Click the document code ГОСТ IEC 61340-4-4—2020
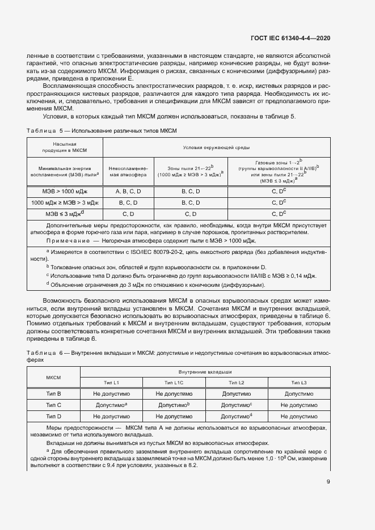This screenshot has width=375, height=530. (x=290, y=39)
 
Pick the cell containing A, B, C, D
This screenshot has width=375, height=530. (x=128, y=192)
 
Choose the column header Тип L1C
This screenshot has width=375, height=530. (x=172, y=383)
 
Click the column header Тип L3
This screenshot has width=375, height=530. (x=298, y=383)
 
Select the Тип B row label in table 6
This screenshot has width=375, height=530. (x=53, y=393)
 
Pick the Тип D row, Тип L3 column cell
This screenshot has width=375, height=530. (x=298, y=416)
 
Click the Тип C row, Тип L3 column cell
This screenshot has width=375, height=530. (x=298, y=405)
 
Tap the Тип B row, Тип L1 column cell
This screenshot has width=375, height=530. (x=110, y=393)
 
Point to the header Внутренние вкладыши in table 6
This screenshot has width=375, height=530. (x=204, y=372)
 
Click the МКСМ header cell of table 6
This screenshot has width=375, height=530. (x=53, y=377)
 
